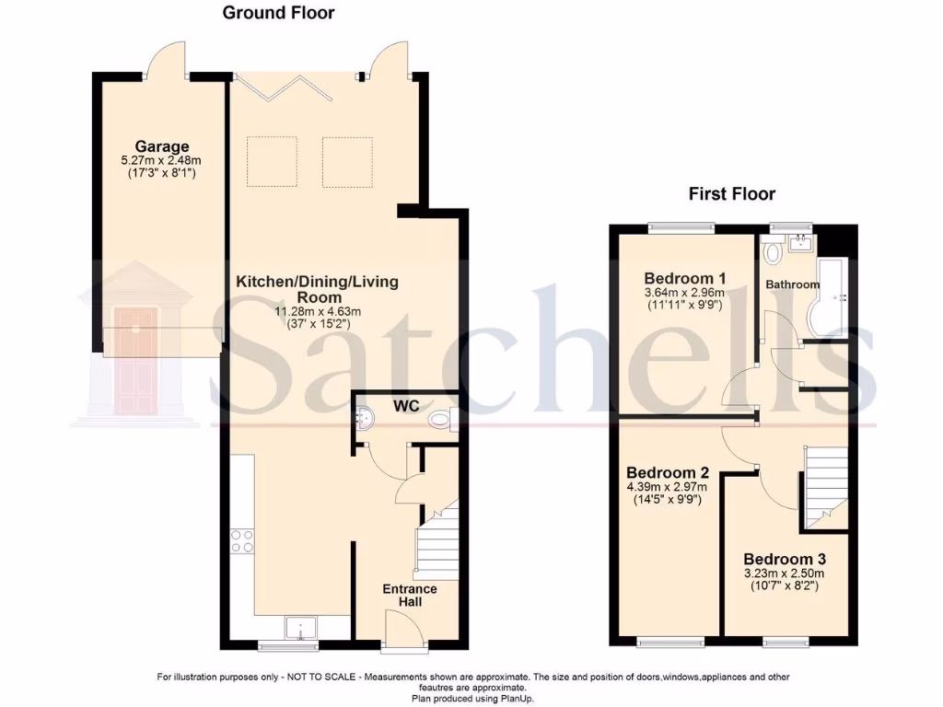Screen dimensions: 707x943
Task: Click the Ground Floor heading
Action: [x=278, y=13]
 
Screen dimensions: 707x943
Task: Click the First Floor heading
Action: [x=732, y=194]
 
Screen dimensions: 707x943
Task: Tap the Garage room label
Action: [x=162, y=146]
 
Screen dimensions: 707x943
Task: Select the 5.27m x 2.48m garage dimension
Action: [x=162, y=160]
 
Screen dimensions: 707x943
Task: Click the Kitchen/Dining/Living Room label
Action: [x=317, y=289]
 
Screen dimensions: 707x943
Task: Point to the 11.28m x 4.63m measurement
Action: [x=318, y=312]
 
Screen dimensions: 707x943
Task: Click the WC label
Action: [x=407, y=405]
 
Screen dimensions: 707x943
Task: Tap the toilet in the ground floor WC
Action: [x=442, y=421]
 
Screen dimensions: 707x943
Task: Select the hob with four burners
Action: [x=242, y=540]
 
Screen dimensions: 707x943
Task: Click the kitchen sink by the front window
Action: [x=301, y=628]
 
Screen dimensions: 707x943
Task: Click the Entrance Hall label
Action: [x=410, y=595]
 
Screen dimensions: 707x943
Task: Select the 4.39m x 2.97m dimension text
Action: [x=669, y=487]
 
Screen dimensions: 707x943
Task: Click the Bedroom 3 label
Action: [x=785, y=559]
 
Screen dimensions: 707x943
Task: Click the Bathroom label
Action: [x=792, y=284]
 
